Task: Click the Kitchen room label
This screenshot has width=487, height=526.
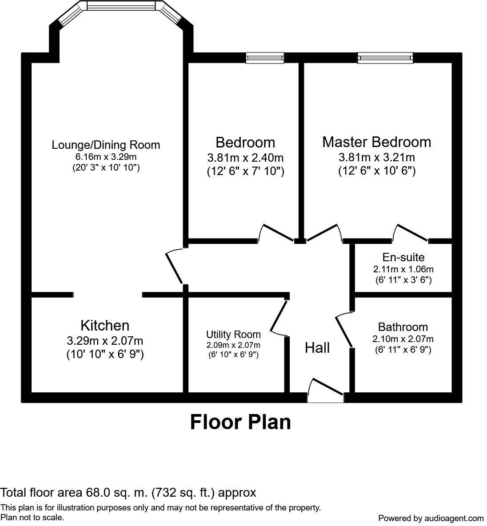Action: [105, 326]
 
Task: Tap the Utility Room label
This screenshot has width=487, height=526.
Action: [233, 334]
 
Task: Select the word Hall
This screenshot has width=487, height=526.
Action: [317, 347]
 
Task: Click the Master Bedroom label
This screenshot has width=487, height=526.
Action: [376, 142]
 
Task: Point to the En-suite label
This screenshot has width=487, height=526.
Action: [403, 257]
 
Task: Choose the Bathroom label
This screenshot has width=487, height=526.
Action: [403, 327]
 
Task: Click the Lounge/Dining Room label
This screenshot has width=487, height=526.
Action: [106, 145]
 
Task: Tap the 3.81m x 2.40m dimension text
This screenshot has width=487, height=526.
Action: [245, 157]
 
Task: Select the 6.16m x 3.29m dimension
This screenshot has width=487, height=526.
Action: [106, 157]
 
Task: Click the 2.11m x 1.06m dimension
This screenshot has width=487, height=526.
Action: [403, 269]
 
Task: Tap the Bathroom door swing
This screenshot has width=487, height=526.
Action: [344, 330]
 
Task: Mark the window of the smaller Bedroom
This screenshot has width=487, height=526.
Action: [265, 58]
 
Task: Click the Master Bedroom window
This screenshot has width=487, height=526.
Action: [385, 58]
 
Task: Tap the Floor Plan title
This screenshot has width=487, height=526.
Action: [240, 422]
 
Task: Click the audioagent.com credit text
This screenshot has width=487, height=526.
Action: [431, 518]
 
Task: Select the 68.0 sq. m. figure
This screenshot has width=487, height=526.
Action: [117, 492]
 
